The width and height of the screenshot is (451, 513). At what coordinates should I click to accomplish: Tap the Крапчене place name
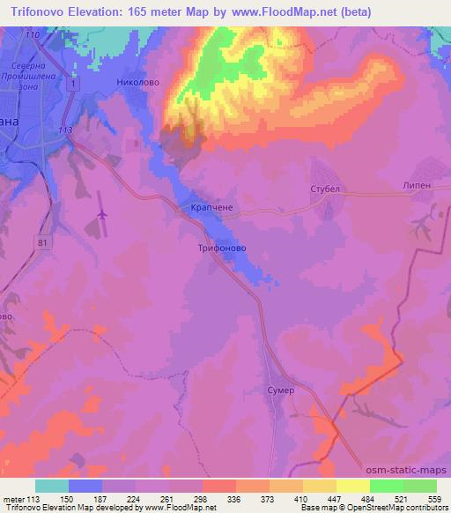[x=211, y=209]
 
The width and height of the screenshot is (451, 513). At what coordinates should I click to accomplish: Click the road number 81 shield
[x=43, y=240]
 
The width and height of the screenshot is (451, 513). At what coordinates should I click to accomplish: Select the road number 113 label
[x=63, y=130]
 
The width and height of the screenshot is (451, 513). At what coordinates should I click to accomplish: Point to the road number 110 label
[x=33, y=33]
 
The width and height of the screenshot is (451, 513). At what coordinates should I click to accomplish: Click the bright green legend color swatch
[x=387, y=486]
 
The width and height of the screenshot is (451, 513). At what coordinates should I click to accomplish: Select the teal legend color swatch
[x=52, y=486]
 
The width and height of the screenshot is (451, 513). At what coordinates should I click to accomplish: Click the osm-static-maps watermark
[x=406, y=472]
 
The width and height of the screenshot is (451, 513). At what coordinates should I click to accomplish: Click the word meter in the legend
[x=16, y=499]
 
